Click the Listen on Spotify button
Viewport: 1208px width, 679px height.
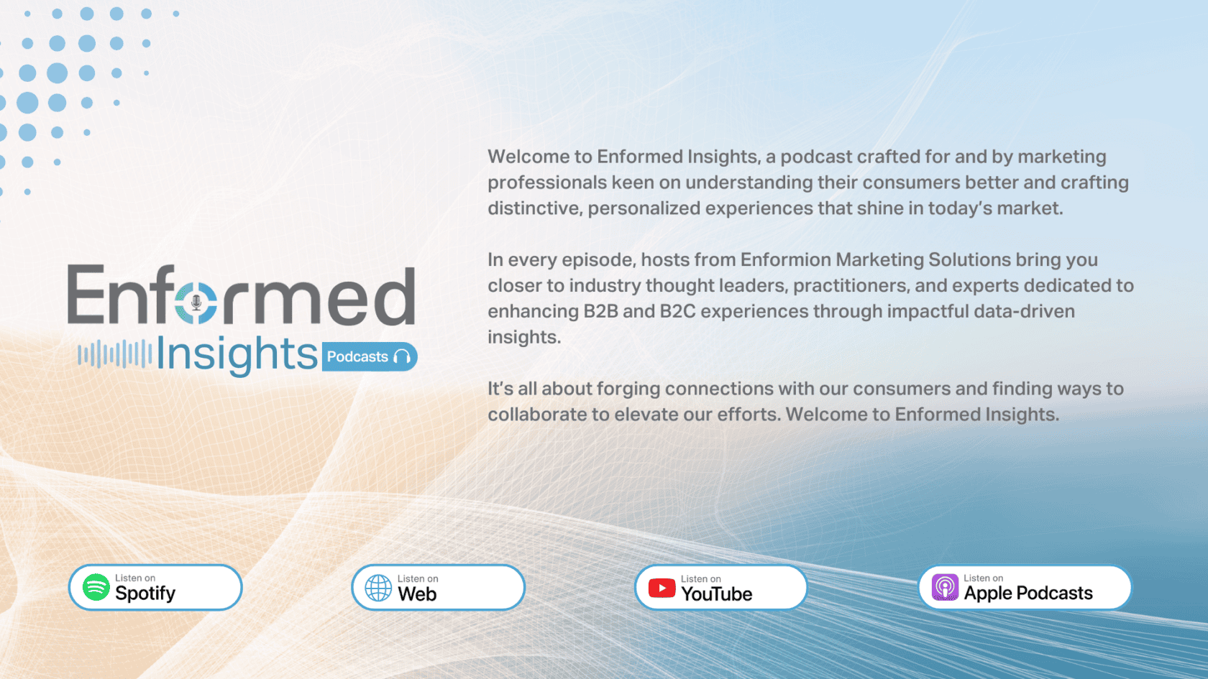(x=155, y=588)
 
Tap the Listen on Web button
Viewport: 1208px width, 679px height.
(x=438, y=588)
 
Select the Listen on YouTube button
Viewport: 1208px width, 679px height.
(x=721, y=588)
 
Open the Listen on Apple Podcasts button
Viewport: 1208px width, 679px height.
(x=1025, y=588)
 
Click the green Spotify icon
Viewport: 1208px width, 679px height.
(x=96, y=588)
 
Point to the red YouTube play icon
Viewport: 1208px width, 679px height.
(x=662, y=588)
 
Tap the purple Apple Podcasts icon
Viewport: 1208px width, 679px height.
(x=945, y=588)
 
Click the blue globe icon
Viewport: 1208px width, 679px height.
(x=378, y=588)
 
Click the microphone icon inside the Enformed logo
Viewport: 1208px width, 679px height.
(x=196, y=303)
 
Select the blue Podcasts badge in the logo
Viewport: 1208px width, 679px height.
(x=370, y=356)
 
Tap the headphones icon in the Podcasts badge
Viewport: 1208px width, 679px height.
(x=403, y=356)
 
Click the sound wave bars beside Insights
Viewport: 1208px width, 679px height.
(x=115, y=354)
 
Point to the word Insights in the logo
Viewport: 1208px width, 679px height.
(x=237, y=355)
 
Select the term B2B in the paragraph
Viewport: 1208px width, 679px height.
(x=601, y=312)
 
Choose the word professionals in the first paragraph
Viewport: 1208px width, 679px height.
(x=547, y=183)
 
